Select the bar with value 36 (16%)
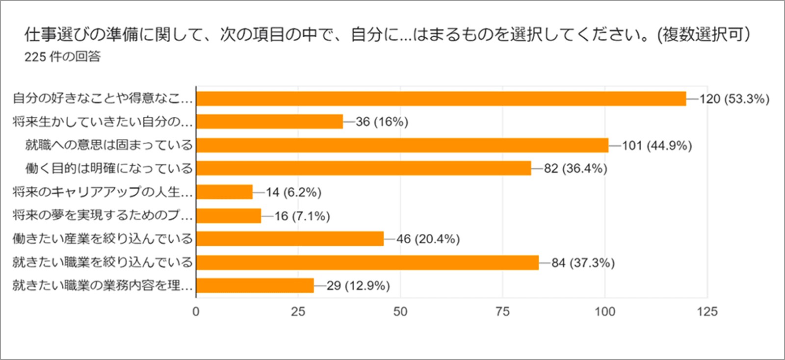point(269,122)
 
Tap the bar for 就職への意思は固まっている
point(402,145)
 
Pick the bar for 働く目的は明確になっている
point(363,168)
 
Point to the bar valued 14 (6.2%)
point(224,192)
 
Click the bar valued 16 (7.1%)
point(229,216)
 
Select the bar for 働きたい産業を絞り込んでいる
point(289,239)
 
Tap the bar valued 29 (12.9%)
point(255,285)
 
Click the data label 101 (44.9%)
point(657,146)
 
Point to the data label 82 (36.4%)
point(576,169)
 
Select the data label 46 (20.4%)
point(428,239)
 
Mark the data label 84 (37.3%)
point(583,263)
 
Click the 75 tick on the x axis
point(502,311)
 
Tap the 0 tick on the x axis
point(196,311)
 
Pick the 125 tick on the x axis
point(707,311)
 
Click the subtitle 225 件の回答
point(62,57)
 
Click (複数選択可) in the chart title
point(704,34)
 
